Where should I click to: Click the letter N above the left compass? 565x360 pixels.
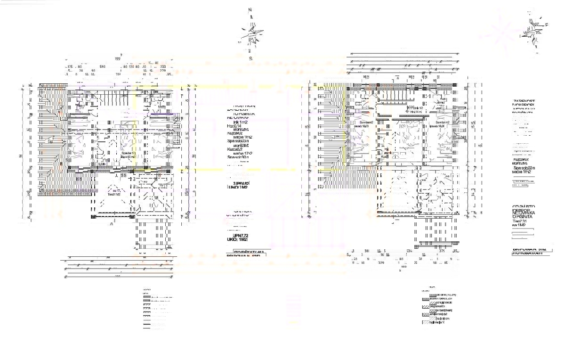[x=250, y=9]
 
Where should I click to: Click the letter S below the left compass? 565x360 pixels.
[x=250, y=58]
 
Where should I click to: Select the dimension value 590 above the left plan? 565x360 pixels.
[x=102, y=67]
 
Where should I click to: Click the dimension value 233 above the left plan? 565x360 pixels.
[x=163, y=67]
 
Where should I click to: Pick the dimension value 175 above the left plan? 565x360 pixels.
[x=70, y=67]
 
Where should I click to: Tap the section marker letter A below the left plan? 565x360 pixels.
[x=112, y=224]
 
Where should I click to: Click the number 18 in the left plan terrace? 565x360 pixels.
[x=156, y=198]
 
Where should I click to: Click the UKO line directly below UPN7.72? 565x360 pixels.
[x=239, y=240]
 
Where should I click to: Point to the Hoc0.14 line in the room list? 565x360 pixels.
[x=234, y=126]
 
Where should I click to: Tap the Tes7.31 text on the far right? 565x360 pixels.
[x=520, y=221]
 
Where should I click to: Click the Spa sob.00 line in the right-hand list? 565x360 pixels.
[x=525, y=168]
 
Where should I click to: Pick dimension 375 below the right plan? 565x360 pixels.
[x=442, y=251]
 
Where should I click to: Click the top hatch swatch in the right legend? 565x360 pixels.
[x=426, y=295]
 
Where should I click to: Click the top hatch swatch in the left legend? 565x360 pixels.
[x=145, y=297]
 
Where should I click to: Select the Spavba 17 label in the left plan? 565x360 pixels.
[x=128, y=153]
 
